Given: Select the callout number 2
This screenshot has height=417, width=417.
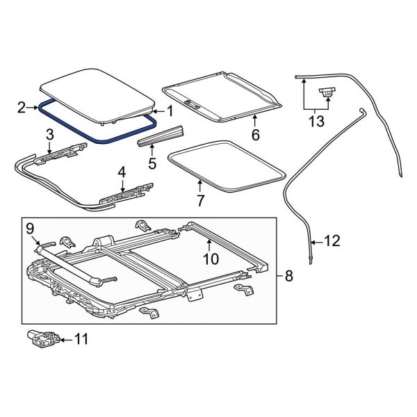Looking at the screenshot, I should [x=22, y=107].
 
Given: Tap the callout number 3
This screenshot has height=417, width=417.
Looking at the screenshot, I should [x=50, y=134].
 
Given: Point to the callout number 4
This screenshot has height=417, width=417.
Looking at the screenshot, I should [x=122, y=171].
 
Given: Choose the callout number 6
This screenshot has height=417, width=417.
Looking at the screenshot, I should [x=255, y=135].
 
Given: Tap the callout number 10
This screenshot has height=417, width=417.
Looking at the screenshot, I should [x=210, y=259].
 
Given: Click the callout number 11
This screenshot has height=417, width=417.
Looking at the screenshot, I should [x=81, y=340].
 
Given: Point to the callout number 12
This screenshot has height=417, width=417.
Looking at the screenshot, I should [x=332, y=241].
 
